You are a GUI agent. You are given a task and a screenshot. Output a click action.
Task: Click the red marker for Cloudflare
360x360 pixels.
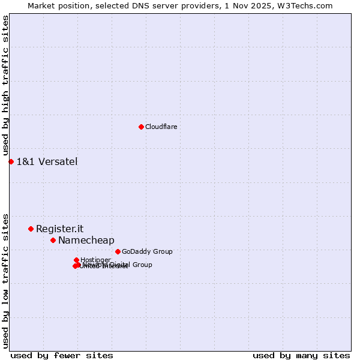click(x=141, y=127)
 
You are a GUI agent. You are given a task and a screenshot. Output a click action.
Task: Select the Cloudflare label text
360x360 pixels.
click(x=161, y=127)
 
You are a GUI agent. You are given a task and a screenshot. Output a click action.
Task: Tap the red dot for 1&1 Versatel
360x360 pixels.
click(x=11, y=161)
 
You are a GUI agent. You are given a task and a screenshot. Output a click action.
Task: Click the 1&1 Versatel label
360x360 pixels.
click(x=47, y=161)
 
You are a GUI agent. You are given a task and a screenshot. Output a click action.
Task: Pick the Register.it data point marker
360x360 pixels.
click(x=31, y=229)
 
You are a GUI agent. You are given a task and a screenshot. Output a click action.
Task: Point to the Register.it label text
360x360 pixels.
click(x=59, y=229)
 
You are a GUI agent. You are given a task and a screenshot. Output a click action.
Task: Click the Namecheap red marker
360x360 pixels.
click(x=53, y=240)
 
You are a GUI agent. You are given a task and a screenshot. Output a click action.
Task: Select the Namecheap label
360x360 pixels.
click(x=86, y=241)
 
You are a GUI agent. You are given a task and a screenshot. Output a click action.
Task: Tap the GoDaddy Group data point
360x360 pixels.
click(x=118, y=251)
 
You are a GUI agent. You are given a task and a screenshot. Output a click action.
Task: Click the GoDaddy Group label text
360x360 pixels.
click(x=147, y=251)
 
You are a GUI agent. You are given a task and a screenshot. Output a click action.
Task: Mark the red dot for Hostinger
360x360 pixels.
click(x=76, y=260)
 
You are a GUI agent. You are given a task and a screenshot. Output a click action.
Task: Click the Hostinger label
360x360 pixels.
click(x=95, y=260)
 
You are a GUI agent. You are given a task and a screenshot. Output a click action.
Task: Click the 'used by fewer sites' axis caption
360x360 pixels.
click(x=62, y=355)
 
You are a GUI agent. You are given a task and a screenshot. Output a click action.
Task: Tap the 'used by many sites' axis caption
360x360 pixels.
click(x=301, y=355)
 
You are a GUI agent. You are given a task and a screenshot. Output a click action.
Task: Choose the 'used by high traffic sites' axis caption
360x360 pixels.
click(x=5, y=86)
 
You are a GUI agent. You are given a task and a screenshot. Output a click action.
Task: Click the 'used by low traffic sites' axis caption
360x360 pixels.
click(x=5, y=280)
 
